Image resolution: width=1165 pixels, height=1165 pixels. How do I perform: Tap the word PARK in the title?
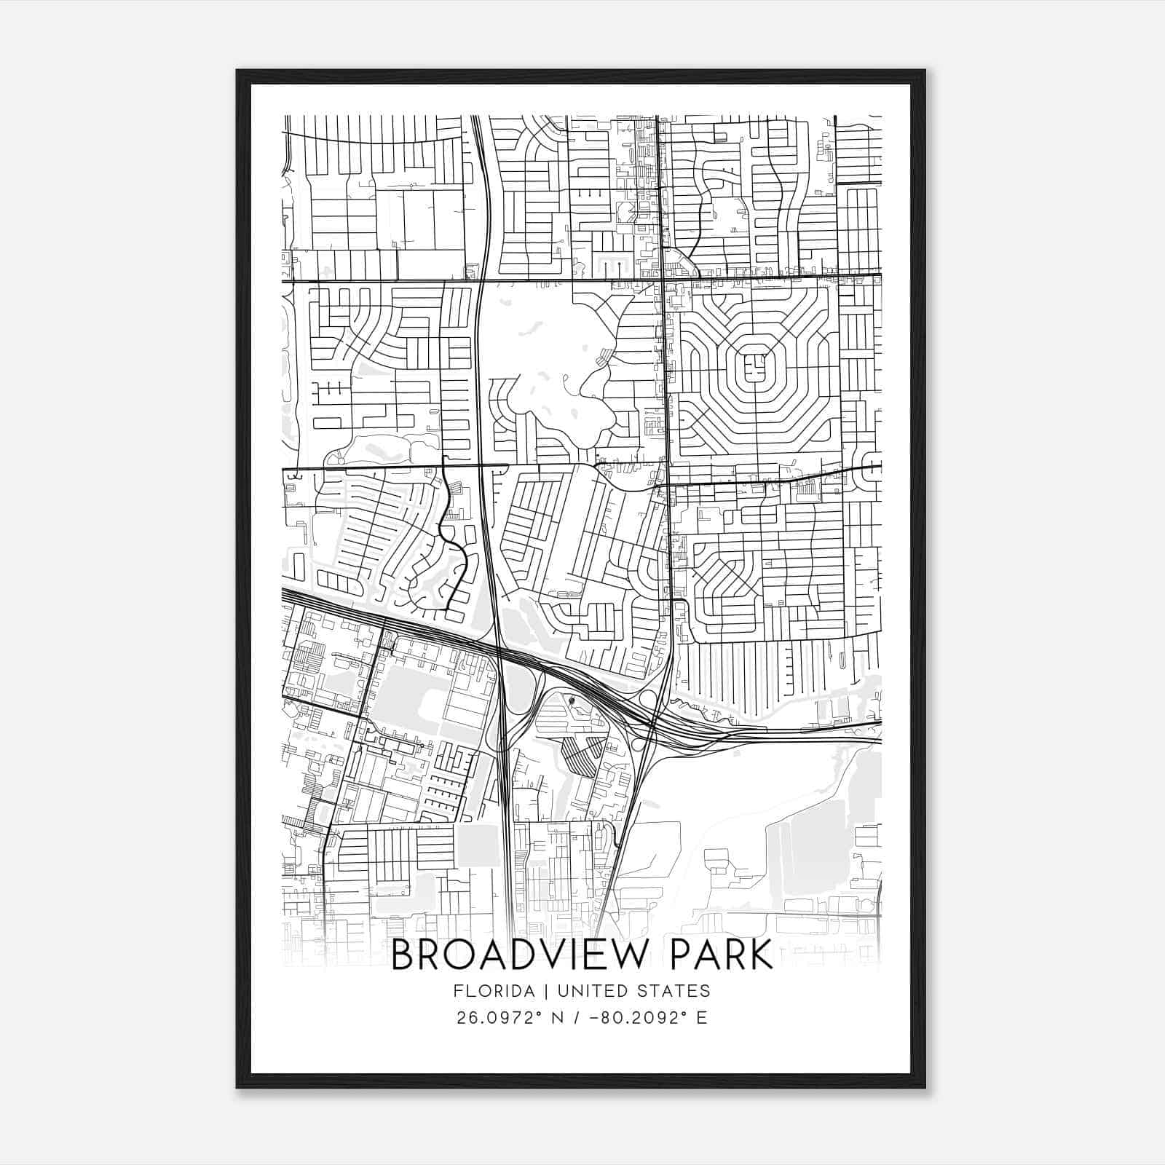[x=714, y=955]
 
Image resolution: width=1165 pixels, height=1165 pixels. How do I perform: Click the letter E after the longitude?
[x=702, y=1018]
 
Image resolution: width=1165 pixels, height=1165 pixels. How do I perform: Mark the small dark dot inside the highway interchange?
[x=572, y=702]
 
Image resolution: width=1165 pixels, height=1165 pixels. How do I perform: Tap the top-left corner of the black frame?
[x=238, y=71]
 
